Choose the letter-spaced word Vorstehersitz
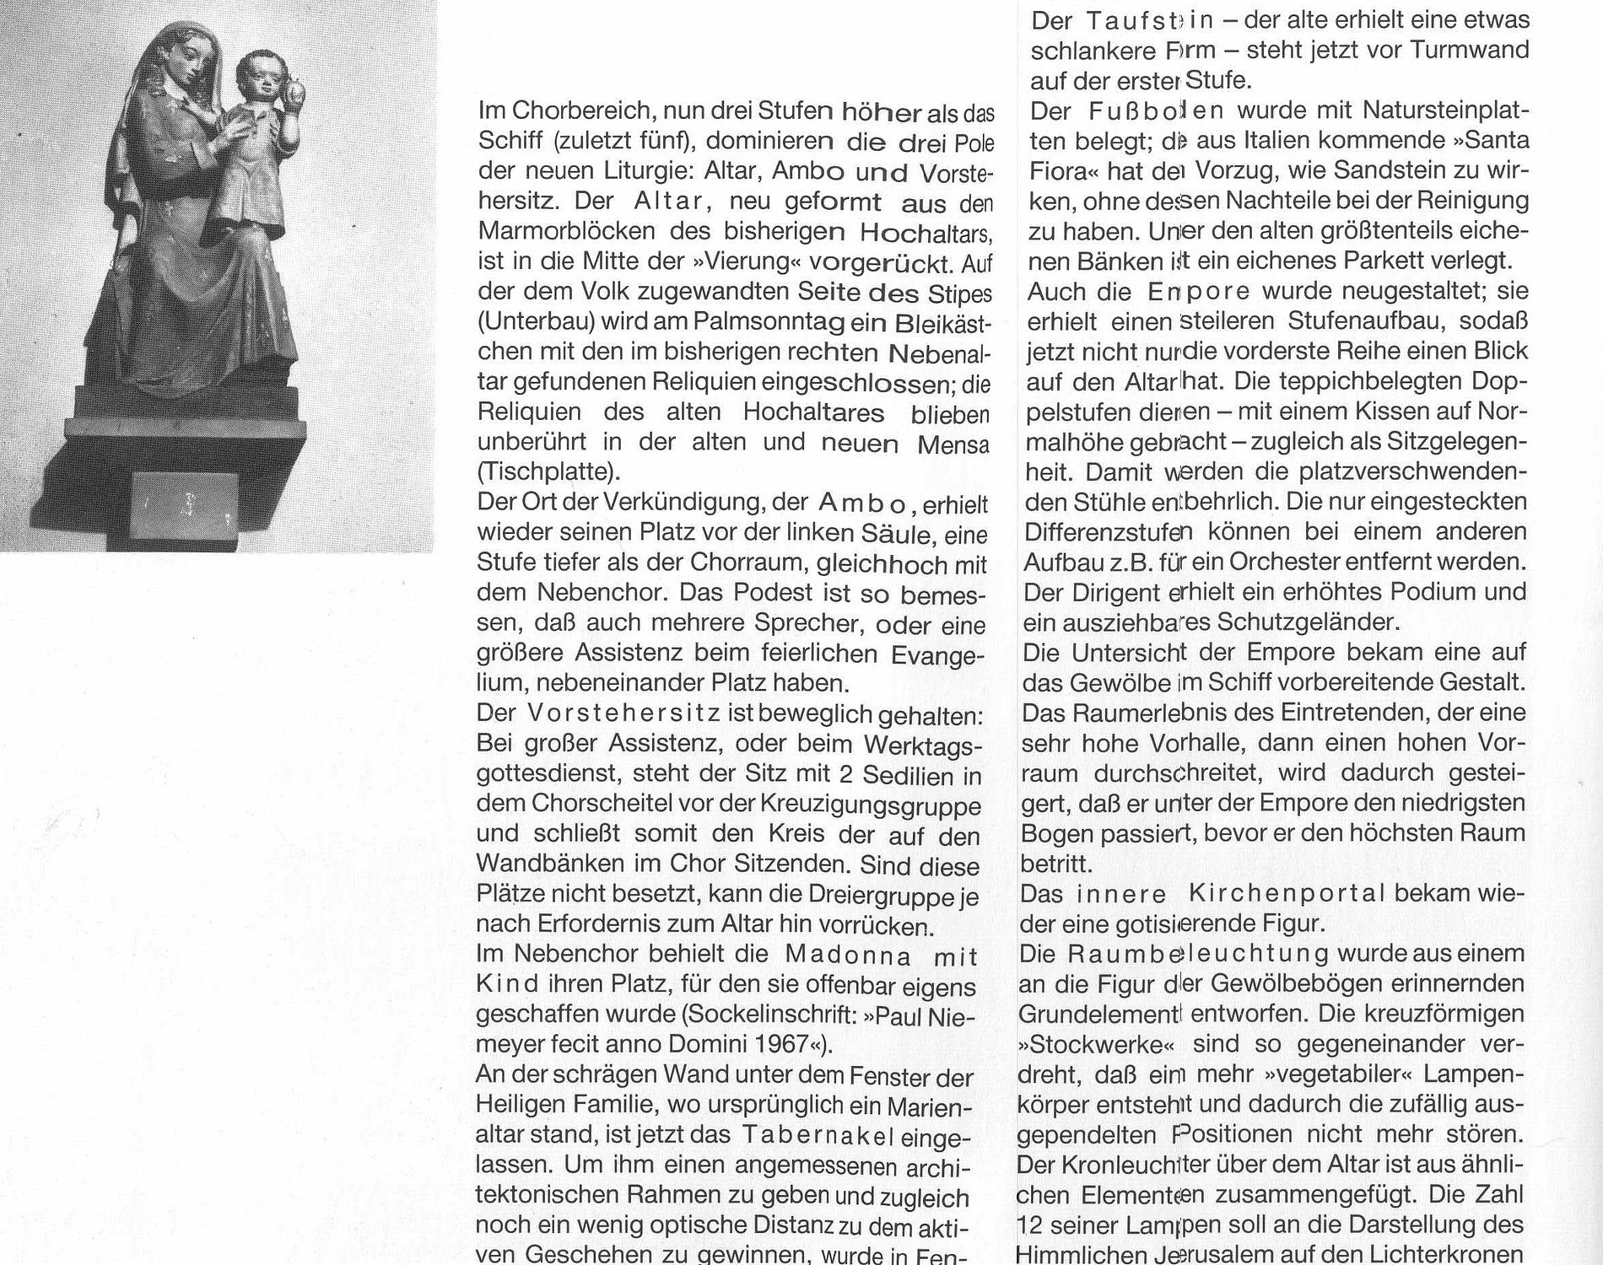click(623, 714)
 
